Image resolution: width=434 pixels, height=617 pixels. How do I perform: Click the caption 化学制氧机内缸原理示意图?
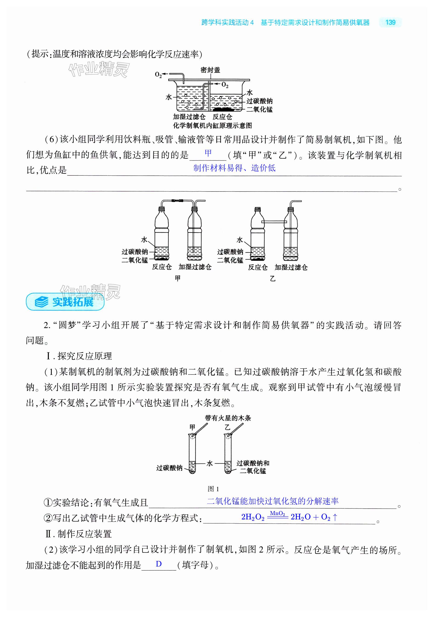click(212, 126)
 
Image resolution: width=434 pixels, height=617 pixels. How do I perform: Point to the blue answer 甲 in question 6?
click(208, 153)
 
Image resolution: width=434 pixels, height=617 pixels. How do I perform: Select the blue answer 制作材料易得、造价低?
click(234, 168)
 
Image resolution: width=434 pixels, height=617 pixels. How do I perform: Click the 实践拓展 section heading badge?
click(65, 302)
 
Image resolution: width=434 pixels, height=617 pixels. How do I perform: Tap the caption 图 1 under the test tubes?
click(213, 489)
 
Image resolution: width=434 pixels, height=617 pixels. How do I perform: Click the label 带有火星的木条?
click(228, 418)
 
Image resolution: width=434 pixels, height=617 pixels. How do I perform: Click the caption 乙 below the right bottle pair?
click(273, 279)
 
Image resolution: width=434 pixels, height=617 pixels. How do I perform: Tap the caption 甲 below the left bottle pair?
click(178, 278)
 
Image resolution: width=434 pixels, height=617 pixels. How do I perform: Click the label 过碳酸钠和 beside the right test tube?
click(253, 463)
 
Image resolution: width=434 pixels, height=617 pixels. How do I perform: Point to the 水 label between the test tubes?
click(210, 464)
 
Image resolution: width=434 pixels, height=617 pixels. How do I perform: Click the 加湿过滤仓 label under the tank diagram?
click(189, 117)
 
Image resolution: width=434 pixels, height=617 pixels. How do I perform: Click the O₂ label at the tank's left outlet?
click(158, 74)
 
